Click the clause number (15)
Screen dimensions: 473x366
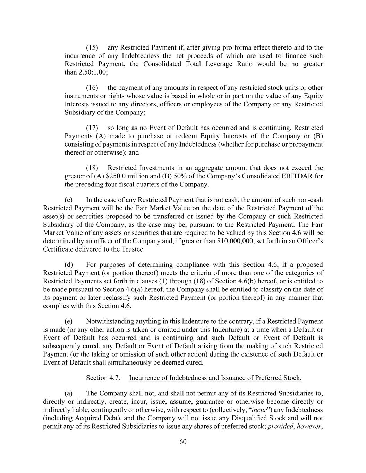click(92, 47)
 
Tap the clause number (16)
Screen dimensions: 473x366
click(92, 88)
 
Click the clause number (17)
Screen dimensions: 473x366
click(92, 128)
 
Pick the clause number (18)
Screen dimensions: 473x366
click(92, 168)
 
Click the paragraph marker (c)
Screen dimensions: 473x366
click(68, 200)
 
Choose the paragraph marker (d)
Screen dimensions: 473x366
click(69, 265)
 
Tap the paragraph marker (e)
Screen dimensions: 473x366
click(68, 321)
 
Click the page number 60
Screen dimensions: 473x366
click(183, 441)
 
